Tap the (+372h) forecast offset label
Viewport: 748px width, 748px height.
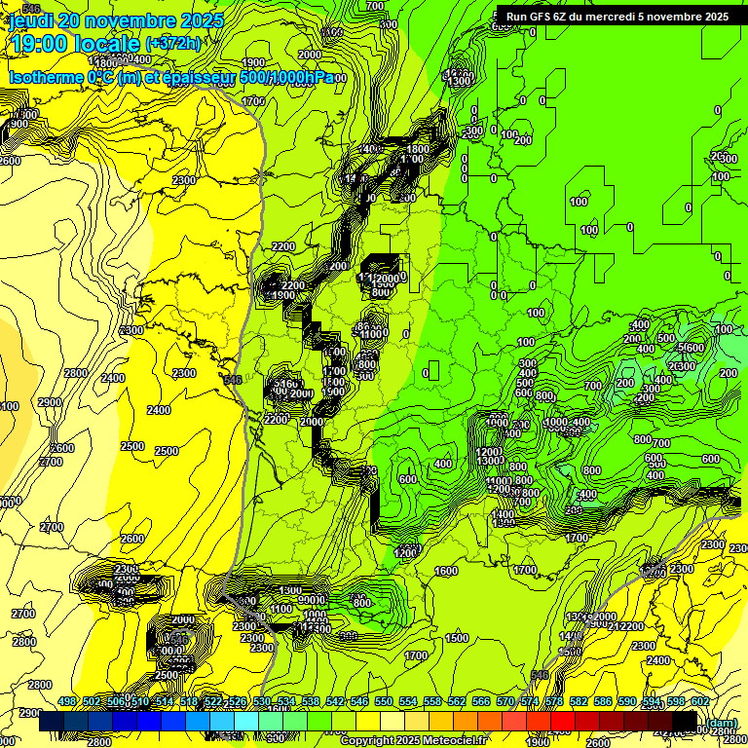point(172,43)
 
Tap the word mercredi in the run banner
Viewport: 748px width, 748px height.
point(623,16)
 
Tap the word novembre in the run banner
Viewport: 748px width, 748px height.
point(681,16)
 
